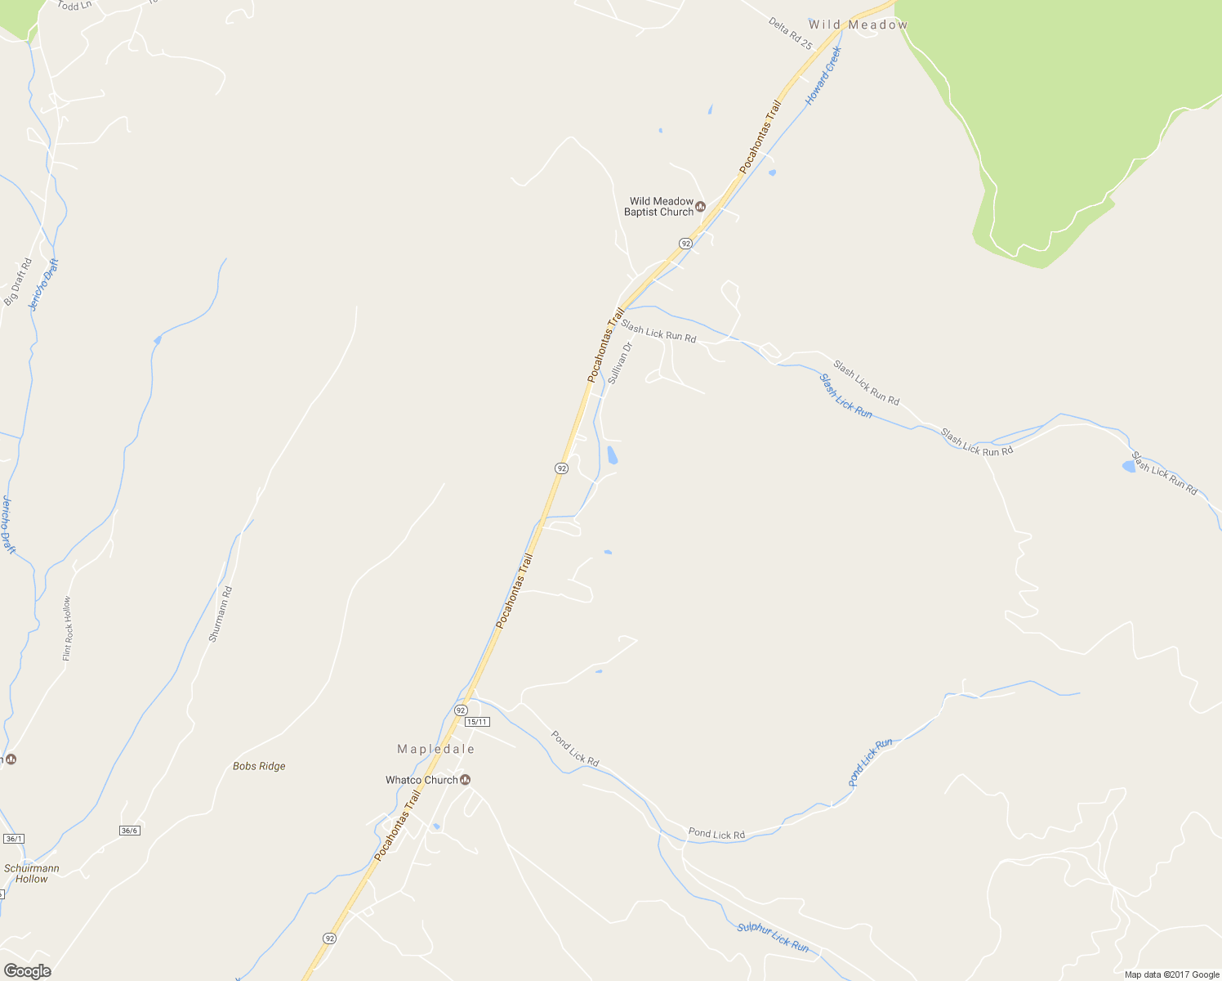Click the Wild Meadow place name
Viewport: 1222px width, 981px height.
point(858,25)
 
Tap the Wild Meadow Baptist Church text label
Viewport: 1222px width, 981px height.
point(661,207)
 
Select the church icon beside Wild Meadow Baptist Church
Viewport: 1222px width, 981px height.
point(700,206)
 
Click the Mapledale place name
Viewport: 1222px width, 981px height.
point(435,749)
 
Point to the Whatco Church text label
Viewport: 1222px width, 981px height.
point(421,780)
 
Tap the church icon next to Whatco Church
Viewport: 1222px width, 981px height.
point(465,779)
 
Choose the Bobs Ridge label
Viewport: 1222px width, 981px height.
point(259,766)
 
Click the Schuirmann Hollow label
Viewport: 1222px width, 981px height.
point(32,873)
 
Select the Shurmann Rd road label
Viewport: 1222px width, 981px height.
point(221,614)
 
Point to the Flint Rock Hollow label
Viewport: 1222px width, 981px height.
point(67,628)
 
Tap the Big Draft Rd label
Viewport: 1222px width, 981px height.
point(17,281)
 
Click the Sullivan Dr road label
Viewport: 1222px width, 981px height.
point(621,363)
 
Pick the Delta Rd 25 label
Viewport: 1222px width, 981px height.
point(791,34)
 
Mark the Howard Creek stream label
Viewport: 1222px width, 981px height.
point(823,75)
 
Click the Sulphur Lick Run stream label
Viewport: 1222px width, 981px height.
point(773,938)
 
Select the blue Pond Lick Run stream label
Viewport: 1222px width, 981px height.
point(871,762)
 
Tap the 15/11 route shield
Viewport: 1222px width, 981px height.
point(476,722)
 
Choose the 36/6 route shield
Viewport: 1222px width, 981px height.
point(129,831)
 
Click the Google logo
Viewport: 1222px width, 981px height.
point(27,970)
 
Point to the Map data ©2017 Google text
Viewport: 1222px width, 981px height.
point(1171,974)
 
